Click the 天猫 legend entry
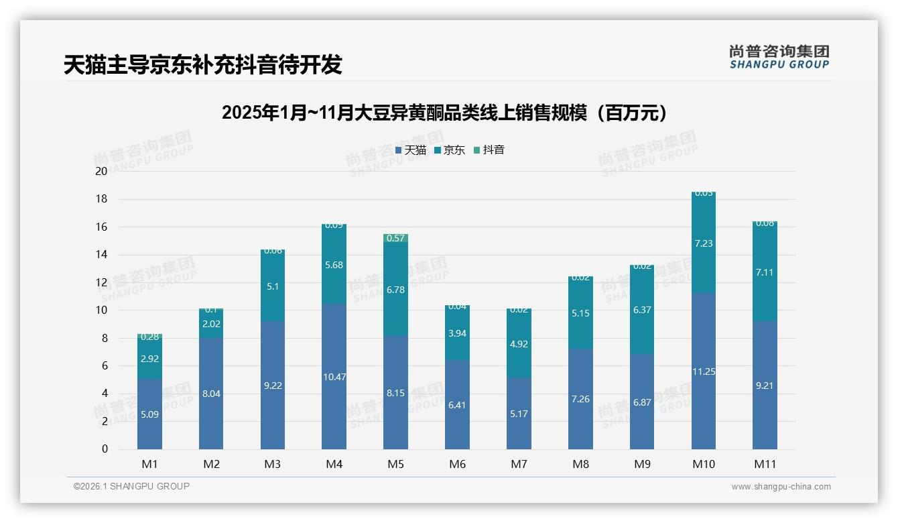(x=411, y=150)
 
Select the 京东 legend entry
(x=450, y=150)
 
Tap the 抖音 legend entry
(x=489, y=150)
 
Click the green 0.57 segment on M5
(x=395, y=238)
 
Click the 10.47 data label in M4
(x=334, y=377)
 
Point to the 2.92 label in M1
(x=149, y=359)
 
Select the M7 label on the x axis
(x=519, y=464)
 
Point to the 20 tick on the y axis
(x=101, y=171)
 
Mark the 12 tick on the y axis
(x=101, y=282)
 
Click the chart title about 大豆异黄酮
(x=444, y=113)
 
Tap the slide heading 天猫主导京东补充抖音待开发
(x=203, y=64)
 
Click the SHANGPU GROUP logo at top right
(x=779, y=57)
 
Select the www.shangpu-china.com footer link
(x=781, y=487)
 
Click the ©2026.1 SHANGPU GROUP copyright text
(x=131, y=486)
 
